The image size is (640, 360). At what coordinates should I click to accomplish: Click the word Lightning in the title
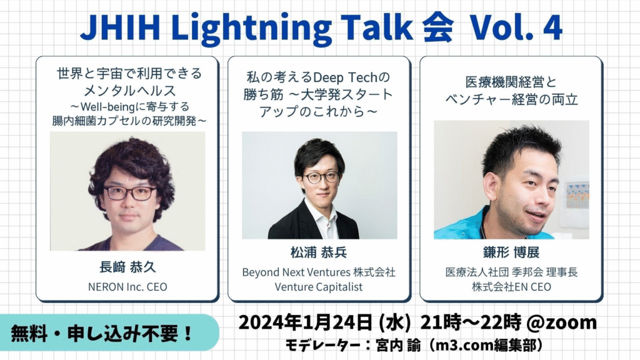pos(251,27)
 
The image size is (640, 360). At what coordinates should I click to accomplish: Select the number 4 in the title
pos(552,27)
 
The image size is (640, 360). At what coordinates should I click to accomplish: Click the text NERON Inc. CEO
pos(127,287)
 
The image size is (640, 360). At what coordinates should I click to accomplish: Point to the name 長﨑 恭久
pos(127,267)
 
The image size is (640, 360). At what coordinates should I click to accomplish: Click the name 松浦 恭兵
pos(319,252)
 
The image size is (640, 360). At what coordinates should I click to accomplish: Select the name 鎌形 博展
pos(511,252)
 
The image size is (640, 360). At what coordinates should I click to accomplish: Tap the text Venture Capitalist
pos(319,287)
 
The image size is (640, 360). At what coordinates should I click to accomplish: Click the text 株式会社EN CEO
pos(511,287)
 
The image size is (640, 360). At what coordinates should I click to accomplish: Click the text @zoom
pos(562,322)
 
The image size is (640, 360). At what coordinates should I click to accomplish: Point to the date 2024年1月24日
pos(305,322)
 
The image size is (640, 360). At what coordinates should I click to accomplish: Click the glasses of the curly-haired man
pos(130,193)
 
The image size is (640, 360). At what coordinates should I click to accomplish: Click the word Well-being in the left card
pos(107,107)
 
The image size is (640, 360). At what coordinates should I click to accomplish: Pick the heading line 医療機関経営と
pos(511,82)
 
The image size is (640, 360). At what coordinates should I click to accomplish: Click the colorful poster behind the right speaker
pos(577,195)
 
